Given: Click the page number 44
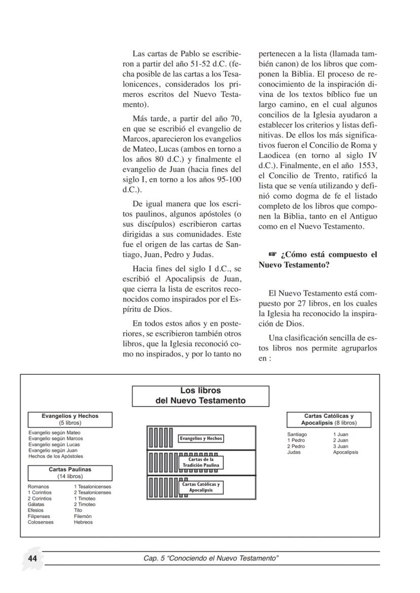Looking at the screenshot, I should point(32,558).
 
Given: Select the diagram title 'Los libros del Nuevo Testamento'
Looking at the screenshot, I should point(200,396).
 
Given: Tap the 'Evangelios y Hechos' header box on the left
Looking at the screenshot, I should point(70,419).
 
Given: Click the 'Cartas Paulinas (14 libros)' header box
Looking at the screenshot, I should point(70,473).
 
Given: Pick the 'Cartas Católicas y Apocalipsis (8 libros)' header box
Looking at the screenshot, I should point(329,419).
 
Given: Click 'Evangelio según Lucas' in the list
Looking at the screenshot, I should point(54,445).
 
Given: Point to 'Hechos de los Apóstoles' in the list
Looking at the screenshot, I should point(56,456).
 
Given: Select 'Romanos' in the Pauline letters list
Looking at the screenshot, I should point(39,487).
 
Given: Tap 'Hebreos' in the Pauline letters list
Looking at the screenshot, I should point(83,522).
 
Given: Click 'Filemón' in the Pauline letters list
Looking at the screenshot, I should point(83,517).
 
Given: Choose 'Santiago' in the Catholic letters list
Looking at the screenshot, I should point(297,434).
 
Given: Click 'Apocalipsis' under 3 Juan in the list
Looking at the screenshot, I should point(345,452).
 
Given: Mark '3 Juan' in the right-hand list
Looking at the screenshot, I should point(340,447).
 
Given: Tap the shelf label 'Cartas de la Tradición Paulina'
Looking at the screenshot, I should point(201,462).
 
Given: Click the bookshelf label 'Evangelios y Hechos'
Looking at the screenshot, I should point(201,439).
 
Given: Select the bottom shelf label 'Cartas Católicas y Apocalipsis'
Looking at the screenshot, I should point(201,487).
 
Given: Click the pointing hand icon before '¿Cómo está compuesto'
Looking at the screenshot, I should point(273,255).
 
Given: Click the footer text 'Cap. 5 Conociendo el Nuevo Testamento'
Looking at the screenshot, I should point(211,558).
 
